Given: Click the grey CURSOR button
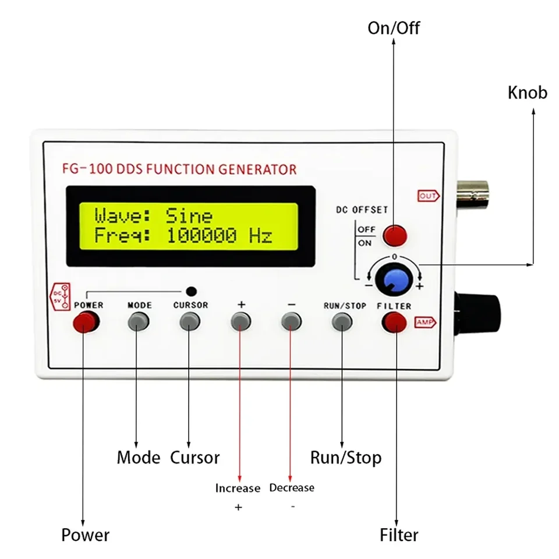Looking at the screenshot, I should tap(189, 321).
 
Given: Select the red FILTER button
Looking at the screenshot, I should tap(394, 321).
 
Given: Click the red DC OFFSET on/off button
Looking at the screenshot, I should tap(394, 235).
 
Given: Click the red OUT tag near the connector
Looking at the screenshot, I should tap(428, 196).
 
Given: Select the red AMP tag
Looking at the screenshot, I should tap(425, 322).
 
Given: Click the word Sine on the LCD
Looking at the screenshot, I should tap(189, 217).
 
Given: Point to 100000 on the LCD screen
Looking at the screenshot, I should tap(202, 236).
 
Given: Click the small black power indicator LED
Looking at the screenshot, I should tap(191, 291).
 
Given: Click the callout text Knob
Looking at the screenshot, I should tap(527, 93).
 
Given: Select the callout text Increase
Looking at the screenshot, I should tap(238, 488).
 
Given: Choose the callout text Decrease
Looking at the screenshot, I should tap(291, 487).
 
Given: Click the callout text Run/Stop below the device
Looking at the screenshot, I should tap(345, 457).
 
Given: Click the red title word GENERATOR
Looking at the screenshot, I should tap(257, 169).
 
